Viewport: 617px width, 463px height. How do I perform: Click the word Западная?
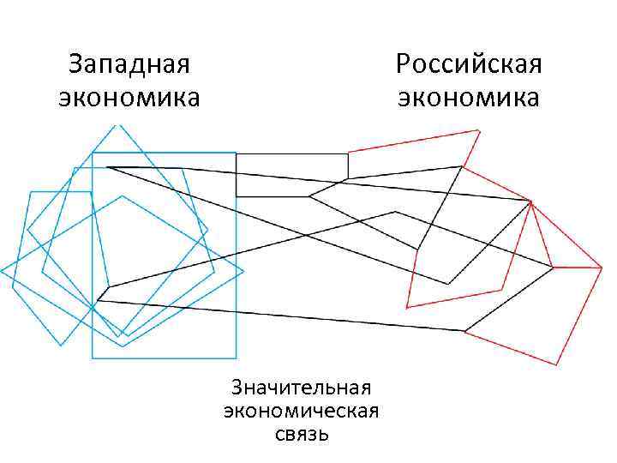(x=129, y=64)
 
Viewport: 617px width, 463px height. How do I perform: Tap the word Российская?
(x=469, y=64)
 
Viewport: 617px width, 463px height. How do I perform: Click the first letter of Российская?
(x=404, y=64)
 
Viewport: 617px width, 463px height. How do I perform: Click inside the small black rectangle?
(x=291, y=175)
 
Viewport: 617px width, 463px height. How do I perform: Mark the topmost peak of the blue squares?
(x=117, y=125)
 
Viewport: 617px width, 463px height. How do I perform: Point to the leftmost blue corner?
(x=2, y=271)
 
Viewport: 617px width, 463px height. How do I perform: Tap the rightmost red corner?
(x=602, y=268)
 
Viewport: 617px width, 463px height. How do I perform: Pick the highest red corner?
(x=478, y=130)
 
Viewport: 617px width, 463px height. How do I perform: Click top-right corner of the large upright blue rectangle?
(x=236, y=153)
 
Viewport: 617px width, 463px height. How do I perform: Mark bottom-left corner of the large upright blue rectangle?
(x=93, y=358)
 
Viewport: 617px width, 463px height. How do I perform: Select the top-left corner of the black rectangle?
(x=236, y=153)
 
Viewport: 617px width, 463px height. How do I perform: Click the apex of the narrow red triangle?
(x=532, y=201)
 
